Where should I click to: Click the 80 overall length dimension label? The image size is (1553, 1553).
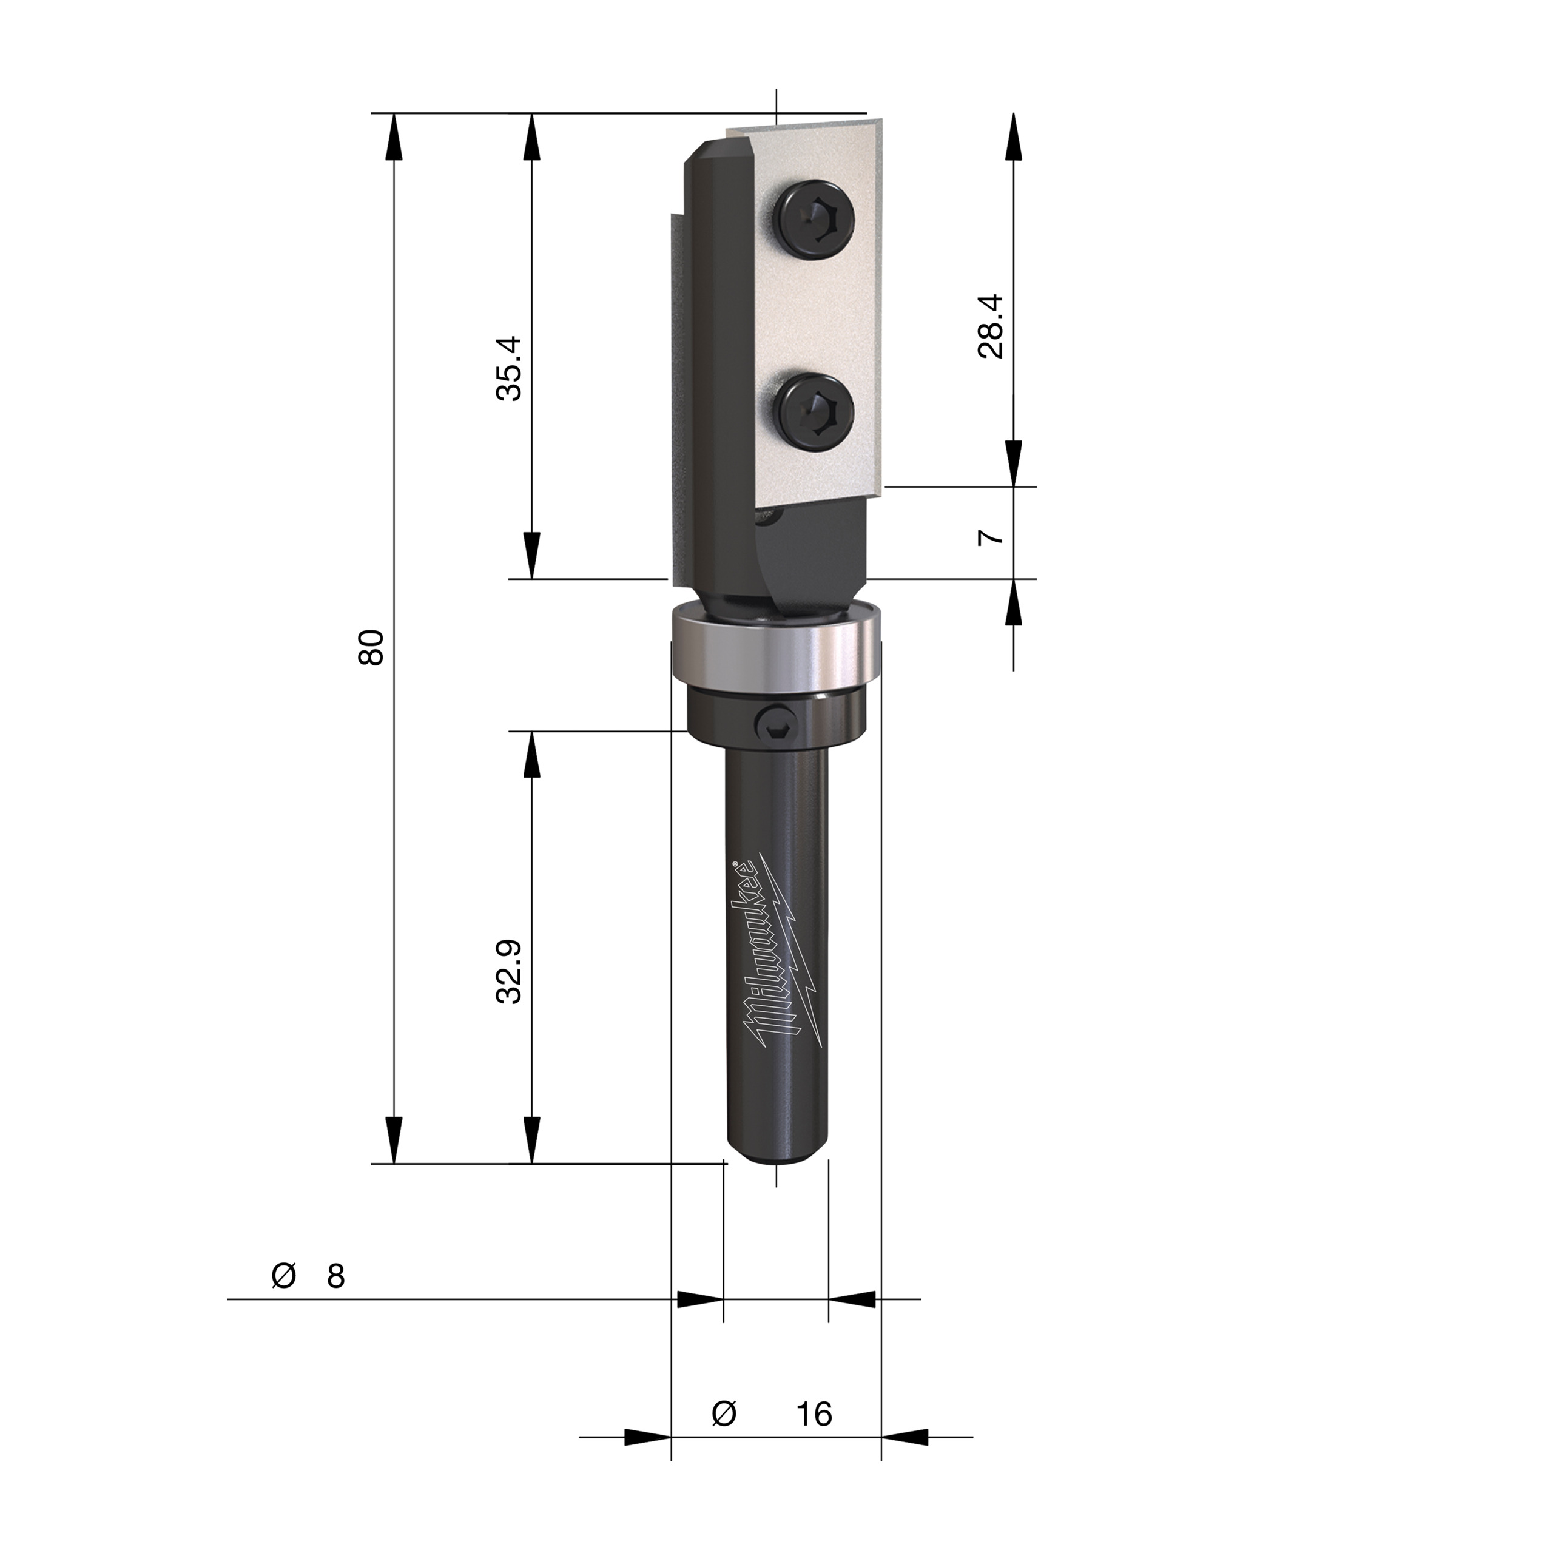371,647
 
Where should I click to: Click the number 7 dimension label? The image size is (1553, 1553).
991,536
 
